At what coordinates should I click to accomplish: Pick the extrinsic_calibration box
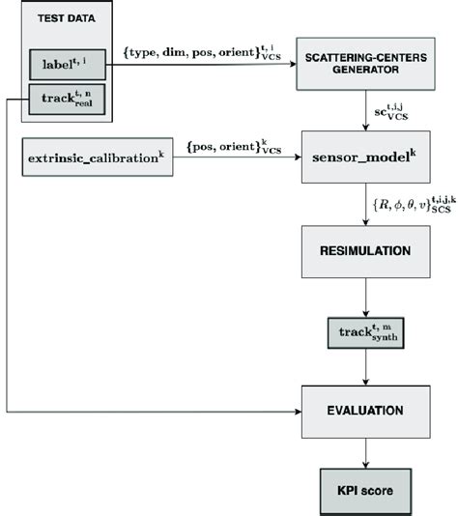click(x=96, y=155)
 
